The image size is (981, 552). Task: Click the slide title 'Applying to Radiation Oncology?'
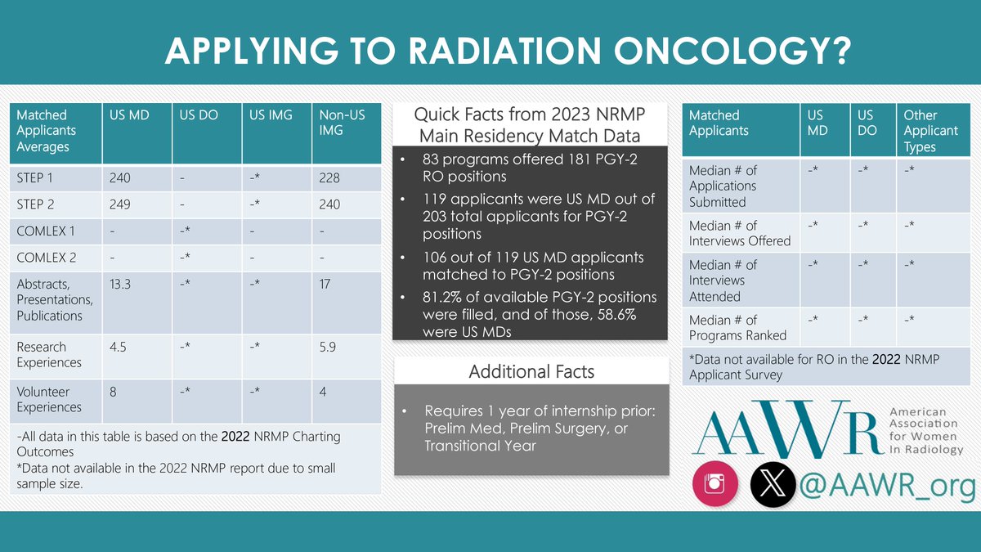[507, 51]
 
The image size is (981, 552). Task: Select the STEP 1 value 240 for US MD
[120, 178]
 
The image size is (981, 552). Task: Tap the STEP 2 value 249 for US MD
[120, 204]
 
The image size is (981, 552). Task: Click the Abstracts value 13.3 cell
[122, 283]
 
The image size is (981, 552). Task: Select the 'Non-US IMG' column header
[341, 123]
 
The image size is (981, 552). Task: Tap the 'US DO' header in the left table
[199, 115]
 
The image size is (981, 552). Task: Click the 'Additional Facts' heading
[531, 372]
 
